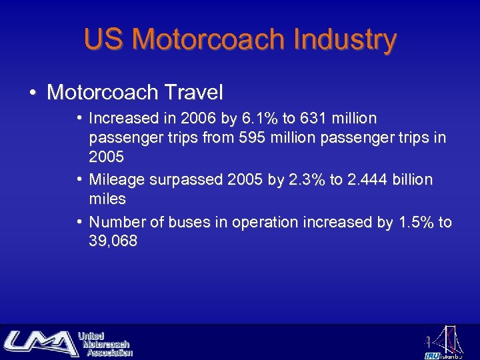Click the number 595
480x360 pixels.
click(x=258, y=138)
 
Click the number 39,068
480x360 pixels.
click(x=113, y=241)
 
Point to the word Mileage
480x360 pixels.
click(x=115, y=180)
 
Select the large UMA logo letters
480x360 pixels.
click(x=40, y=343)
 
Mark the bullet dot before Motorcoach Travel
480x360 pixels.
click(x=33, y=92)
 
